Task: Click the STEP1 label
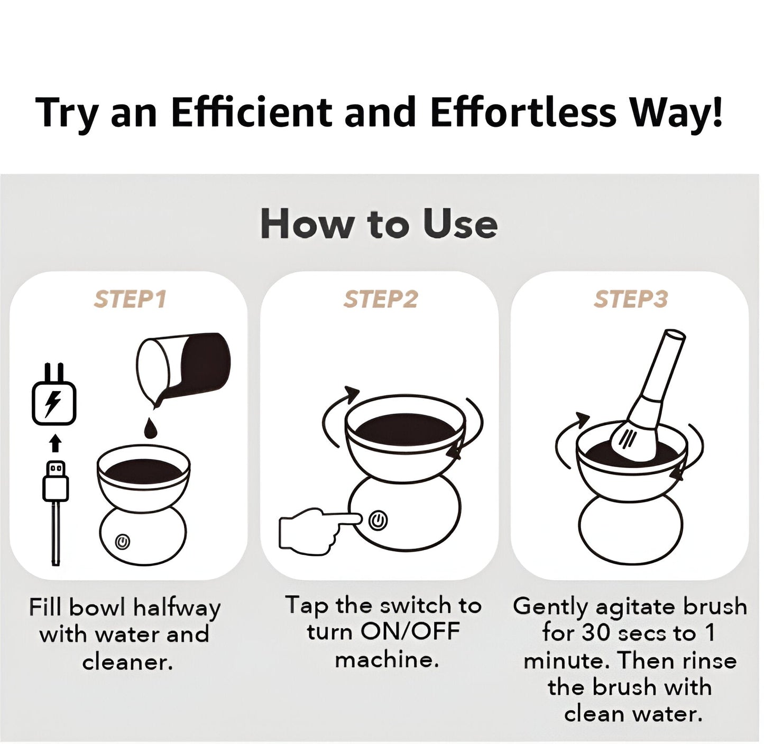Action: [130, 299]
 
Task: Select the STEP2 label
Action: [380, 299]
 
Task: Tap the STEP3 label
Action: [630, 299]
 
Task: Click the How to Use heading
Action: [379, 224]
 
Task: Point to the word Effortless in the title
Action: [523, 113]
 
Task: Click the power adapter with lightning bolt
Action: [54, 402]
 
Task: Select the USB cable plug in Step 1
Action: [56, 481]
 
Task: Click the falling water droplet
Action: [150, 429]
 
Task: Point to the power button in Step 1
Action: [123, 542]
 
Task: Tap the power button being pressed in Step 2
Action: [378, 521]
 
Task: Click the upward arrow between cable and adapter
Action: [56, 443]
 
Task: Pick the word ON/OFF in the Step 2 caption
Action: [410, 632]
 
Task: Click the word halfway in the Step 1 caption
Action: [176, 608]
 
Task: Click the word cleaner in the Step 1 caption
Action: [127, 662]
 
